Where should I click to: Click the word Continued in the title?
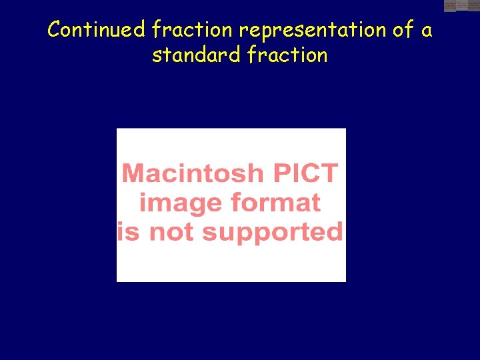point(97,30)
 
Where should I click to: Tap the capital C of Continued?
point(55,30)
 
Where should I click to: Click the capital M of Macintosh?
point(134,173)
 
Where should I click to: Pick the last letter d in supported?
point(335,232)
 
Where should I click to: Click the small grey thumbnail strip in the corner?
point(461,5)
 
